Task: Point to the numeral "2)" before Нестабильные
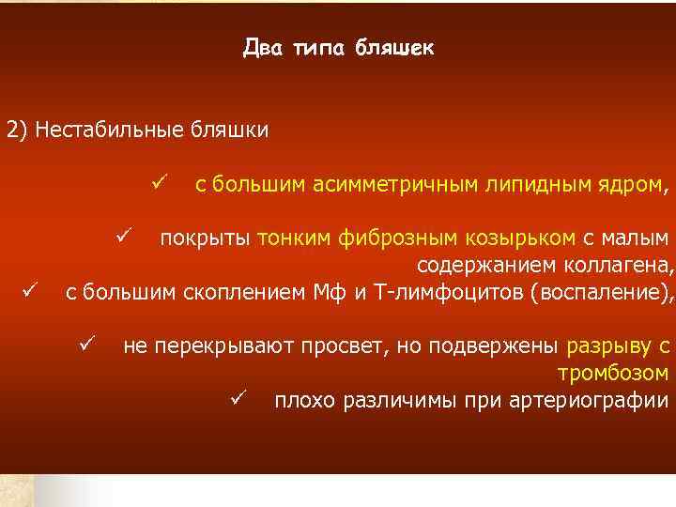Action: pos(19,130)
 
